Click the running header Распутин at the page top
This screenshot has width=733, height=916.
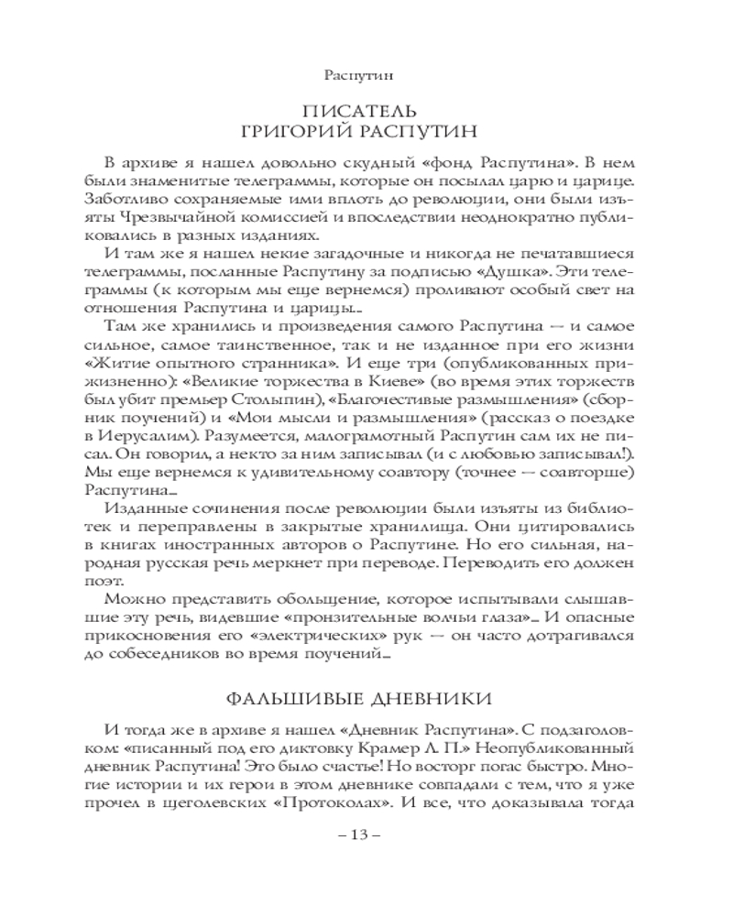366,72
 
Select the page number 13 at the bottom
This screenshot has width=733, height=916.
366,835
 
